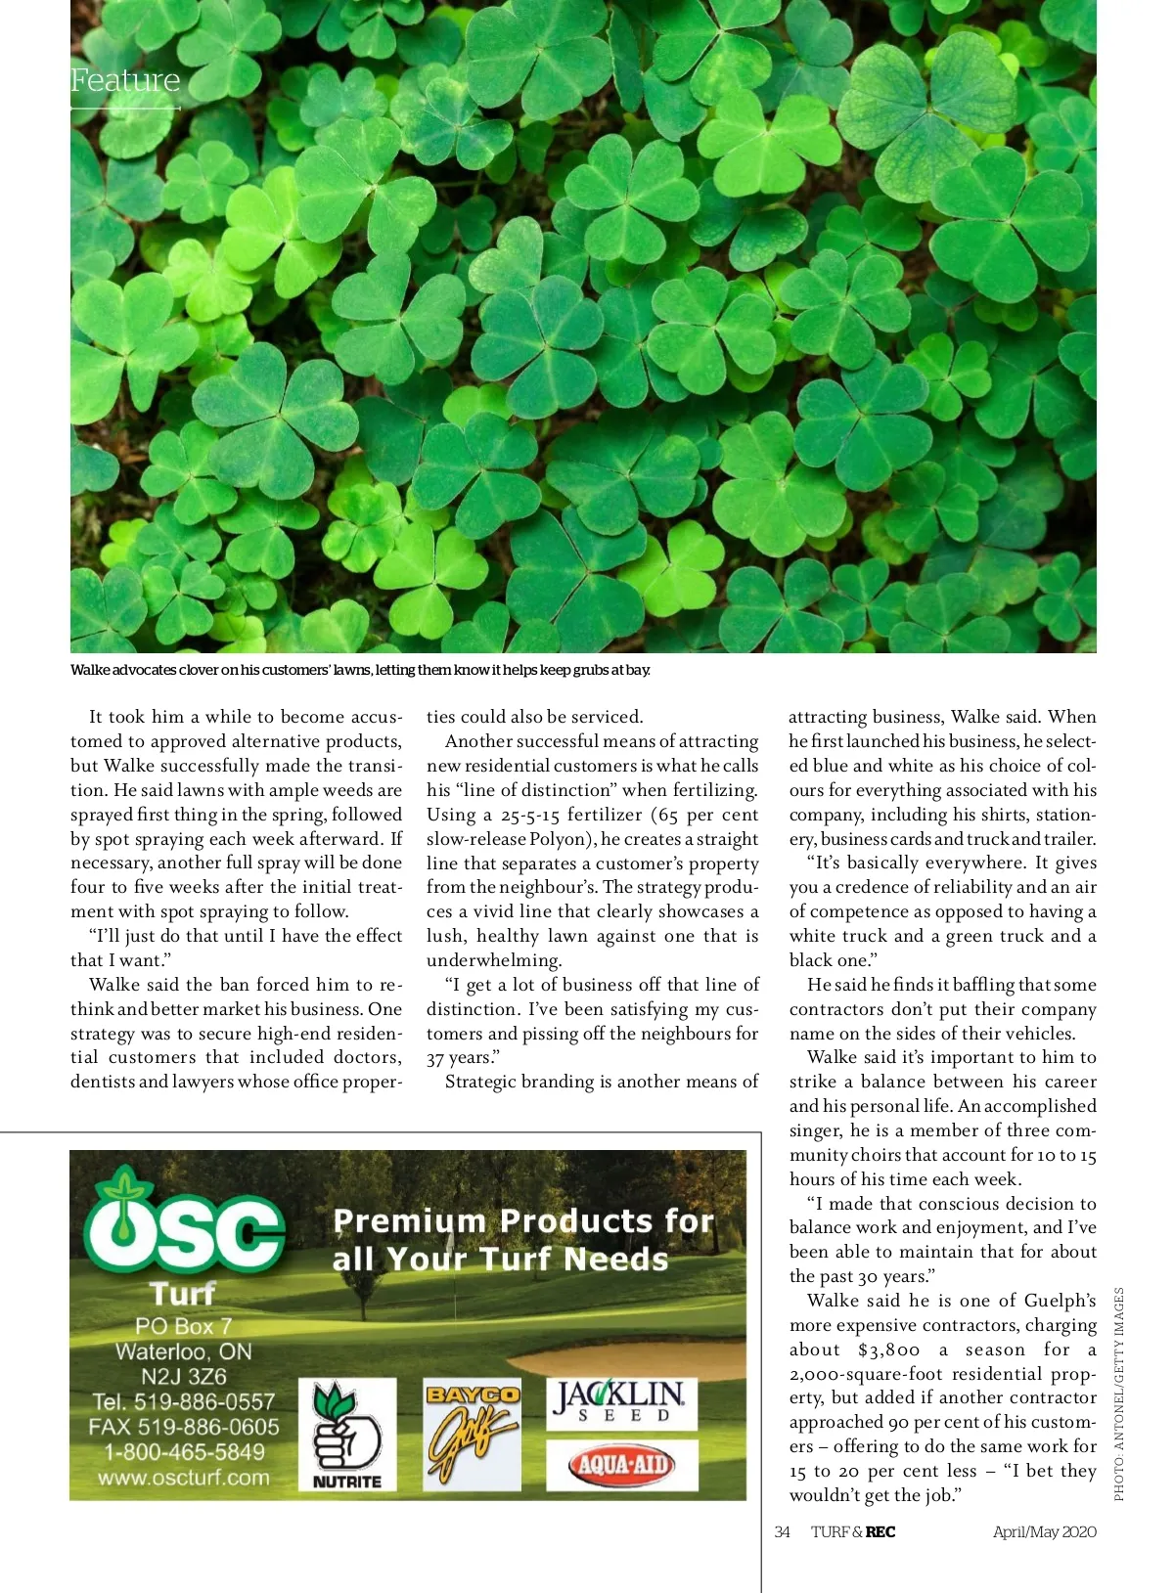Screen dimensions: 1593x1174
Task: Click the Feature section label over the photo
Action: coord(125,80)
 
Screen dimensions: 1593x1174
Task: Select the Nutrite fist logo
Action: coord(346,1435)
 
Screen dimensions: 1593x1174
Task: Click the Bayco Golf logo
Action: coord(472,1434)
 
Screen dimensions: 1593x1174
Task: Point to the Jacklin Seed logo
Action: coord(621,1402)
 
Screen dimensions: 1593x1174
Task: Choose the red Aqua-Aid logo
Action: coord(621,1465)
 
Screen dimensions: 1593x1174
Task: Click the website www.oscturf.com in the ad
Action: coord(183,1478)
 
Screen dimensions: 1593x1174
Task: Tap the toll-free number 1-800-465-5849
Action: coord(184,1452)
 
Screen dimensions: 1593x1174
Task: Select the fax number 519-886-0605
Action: coord(208,1427)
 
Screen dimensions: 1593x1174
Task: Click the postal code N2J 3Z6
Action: coord(184,1377)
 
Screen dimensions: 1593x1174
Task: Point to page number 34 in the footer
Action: coord(782,1532)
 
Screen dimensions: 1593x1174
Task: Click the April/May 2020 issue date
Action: coord(1044,1532)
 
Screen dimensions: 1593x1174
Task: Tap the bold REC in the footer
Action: coord(880,1532)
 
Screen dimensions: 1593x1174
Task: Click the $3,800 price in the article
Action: coord(888,1350)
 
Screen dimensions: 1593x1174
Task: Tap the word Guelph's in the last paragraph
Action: coord(1060,1301)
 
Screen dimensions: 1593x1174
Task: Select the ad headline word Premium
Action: coord(409,1221)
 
